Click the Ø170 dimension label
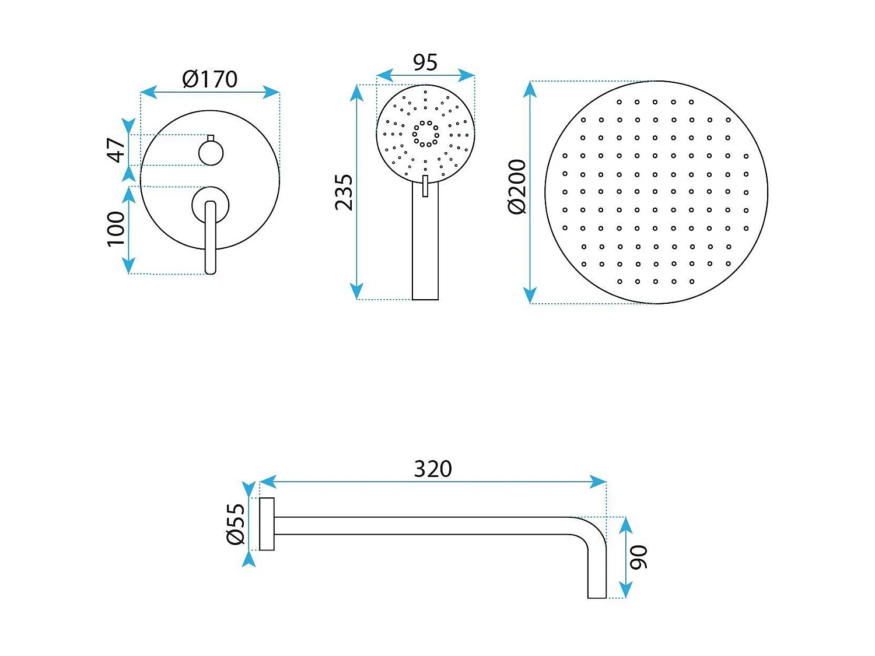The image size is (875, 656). click(210, 79)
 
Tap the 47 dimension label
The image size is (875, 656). click(116, 150)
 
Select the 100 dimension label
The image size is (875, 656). click(116, 229)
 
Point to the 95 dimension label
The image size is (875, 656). click(425, 62)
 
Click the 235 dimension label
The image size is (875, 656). click(344, 192)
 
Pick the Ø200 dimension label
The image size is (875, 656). click(517, 187)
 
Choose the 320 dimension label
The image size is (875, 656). click(433, 469)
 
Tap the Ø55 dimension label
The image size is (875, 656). click(236, 524)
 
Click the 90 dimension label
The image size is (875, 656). click(639, 557)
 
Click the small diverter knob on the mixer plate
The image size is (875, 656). click(211, 153)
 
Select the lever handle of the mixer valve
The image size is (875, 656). click(211, 236)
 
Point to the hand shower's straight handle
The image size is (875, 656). click(425, 245)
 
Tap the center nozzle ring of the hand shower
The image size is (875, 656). click(426, 134)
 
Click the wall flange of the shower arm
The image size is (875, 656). click(267, 524)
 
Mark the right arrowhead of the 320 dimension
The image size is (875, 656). click(599, 482)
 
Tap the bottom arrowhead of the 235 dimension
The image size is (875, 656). click(356, 292)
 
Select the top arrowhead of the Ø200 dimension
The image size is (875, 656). click(530, 89)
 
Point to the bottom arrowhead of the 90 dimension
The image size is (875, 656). click(625, 591)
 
